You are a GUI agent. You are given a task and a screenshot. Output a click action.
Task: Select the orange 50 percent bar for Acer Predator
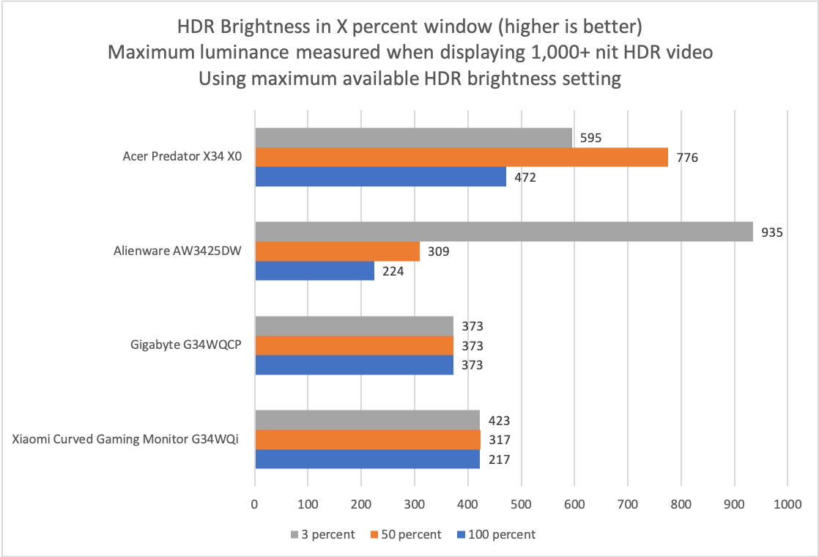point(461,157)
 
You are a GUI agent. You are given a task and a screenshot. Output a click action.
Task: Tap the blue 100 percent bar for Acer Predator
point(380,177)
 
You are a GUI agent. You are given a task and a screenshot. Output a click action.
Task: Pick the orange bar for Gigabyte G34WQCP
point(354,345)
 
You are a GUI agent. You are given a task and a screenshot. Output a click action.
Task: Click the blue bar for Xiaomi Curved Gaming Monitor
point(367,459)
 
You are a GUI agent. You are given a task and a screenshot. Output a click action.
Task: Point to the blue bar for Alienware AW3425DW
point(314,270)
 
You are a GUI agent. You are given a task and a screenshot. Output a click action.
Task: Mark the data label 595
point(590,138)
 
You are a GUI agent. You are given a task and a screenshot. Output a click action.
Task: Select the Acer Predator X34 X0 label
point(182,157)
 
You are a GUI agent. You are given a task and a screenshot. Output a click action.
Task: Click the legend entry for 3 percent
point(323,534)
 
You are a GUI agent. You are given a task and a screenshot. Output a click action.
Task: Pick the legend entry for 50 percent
point(407,534)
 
